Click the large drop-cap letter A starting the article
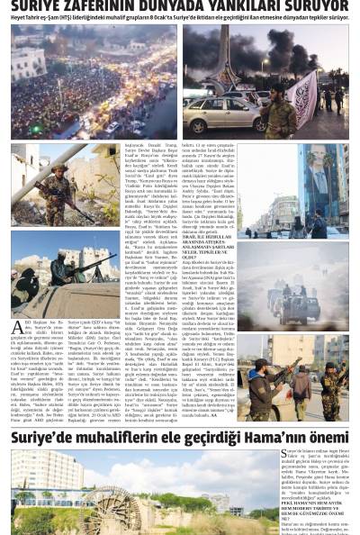[x=17, y=329]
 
